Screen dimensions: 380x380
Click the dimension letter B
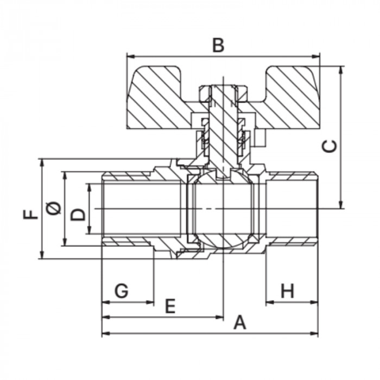pyautogui.click(x=218, y=45)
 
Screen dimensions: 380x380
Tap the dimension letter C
pyautogui.click(x=330, y=146)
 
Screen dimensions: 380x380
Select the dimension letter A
pyautogui.click(x=240, y=322)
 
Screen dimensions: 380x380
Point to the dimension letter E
pyautogui.click(x=170, y=306)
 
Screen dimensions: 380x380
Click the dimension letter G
pyautogui.click(x=121, y=290)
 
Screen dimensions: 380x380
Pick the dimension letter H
pyautogui.click(x=287, y=290)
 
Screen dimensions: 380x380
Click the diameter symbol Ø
pyautogui.click(x=54, y=208)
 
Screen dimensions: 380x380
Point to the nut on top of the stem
pyautogui.click(x=224, y=93)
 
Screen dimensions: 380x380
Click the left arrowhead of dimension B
pyautogui.click(x=130, y=56)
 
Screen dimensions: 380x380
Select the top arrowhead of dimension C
pyautogui.click(x=341, y=69)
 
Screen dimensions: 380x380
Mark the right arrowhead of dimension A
pyautogui.click(x=314, y=333)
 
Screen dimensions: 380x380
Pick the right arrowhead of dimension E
pyautogui.click(x=219, y=317)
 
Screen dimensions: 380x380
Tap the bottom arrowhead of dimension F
pyautogui.click(x=42, y=255)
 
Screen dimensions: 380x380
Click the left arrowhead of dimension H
pyautogui.click(x=270, y=302)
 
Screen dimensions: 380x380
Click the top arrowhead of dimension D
pyautogui.click(x=90, y=188)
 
